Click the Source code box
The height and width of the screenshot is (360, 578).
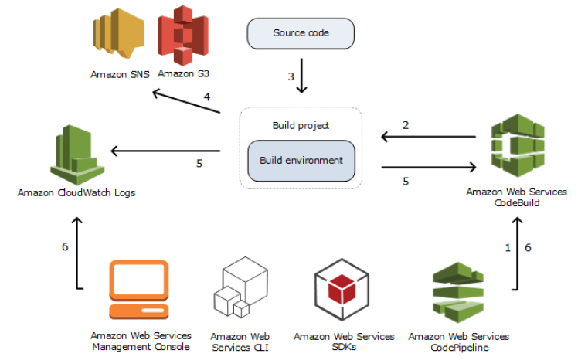300,33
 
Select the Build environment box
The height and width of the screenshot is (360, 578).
301,161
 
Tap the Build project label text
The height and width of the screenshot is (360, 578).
301,125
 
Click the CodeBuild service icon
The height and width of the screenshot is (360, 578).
518,148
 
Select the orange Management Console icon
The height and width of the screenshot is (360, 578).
139,290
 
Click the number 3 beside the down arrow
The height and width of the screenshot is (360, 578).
291,77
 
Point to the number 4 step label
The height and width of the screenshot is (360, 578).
207,97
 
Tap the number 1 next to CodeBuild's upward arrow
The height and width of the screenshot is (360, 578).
508,248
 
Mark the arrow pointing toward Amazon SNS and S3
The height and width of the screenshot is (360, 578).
186,103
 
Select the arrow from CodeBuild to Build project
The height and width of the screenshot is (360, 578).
428,138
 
